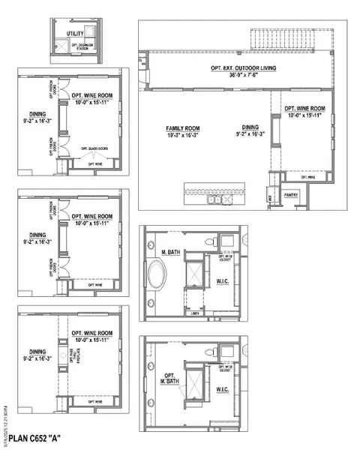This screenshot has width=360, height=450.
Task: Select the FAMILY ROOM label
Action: [x=183, y=128]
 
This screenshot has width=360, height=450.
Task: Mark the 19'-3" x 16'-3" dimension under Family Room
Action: [x=183, y=135]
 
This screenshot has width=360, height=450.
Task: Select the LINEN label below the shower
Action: [x=196, y=313]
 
